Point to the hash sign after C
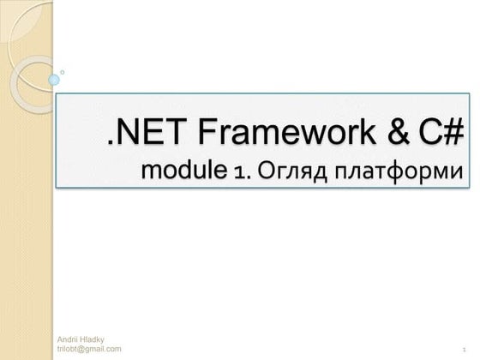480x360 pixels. pyautogui.click(x=454, y=133)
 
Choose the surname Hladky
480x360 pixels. pyautogui.click(x=92, y=340)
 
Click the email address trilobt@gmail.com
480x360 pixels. pyautogui.click(x=89, y=350)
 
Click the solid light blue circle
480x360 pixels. pyautogui.click(x=54, y=80)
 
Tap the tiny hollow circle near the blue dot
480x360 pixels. pyautogui.click(x=63, y=72)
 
